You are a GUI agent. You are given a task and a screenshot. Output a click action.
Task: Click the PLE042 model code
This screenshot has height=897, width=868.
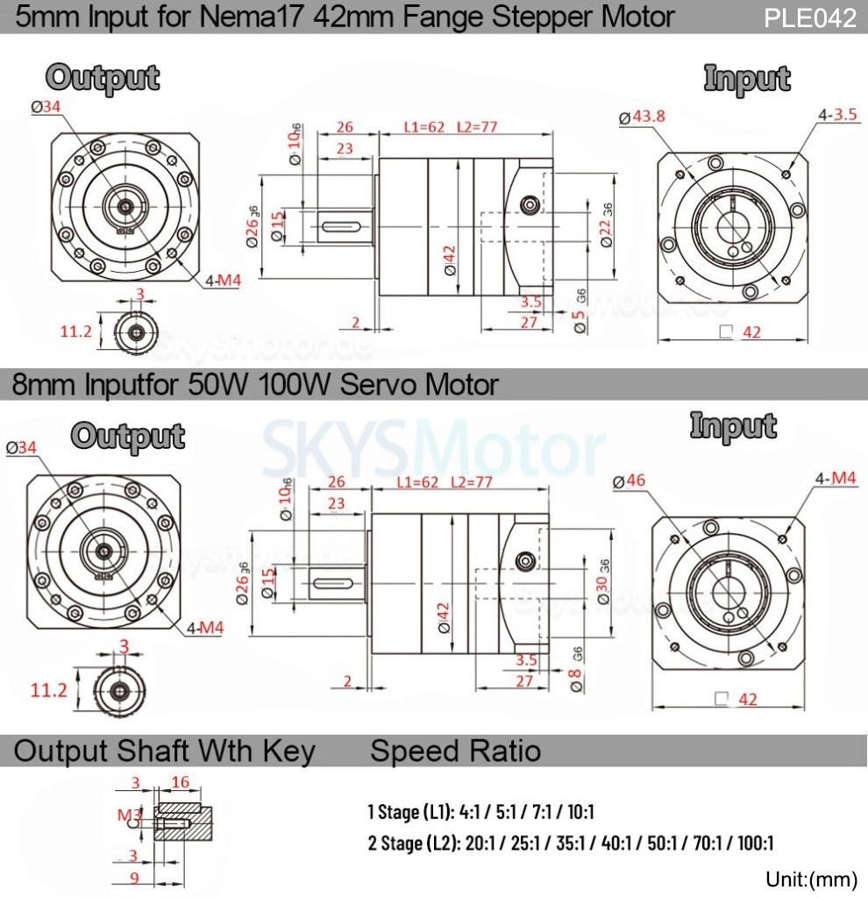[809, 18]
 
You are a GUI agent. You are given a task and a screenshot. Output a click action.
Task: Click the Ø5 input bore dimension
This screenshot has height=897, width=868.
[579, 320]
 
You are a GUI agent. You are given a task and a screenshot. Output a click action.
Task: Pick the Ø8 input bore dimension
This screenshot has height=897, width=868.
[576, 680]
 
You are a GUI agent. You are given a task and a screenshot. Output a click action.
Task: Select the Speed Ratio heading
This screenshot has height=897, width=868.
[455, 751]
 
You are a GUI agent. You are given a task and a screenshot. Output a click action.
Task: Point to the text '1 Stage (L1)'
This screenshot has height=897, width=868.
[409, 812]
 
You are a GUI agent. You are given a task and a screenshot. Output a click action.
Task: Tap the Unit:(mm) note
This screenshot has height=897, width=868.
[810, 879]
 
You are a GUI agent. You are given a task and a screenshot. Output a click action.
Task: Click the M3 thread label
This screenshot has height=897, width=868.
[129, 815]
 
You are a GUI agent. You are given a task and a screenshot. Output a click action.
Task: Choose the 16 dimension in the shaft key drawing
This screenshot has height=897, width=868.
[180, 782]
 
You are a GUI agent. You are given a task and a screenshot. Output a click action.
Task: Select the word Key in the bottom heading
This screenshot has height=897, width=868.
[287, 751]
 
